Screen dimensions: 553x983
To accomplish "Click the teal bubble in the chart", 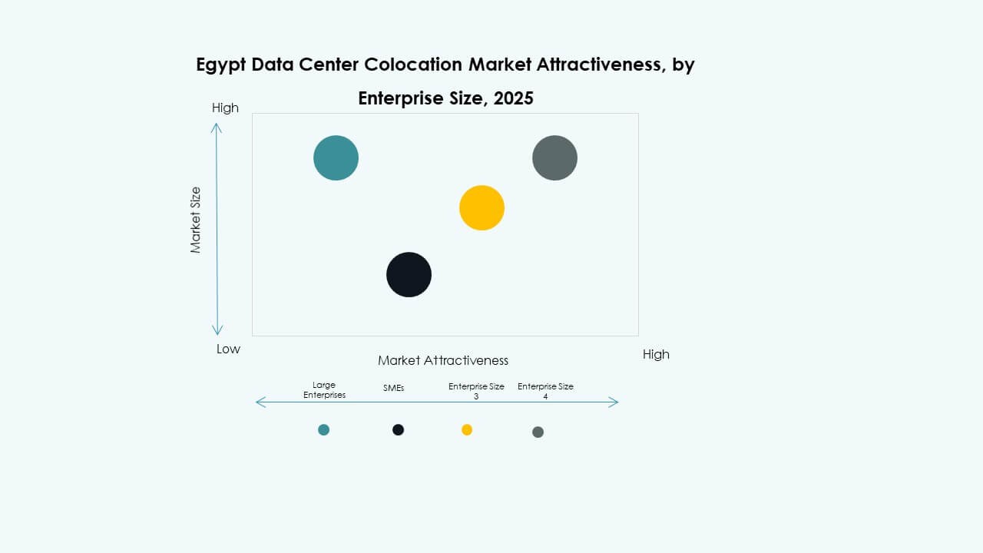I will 336,158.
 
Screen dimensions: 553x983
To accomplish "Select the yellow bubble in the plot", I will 482,207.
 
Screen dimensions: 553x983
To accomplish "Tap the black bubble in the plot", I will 409,274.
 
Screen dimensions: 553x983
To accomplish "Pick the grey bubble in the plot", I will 554,158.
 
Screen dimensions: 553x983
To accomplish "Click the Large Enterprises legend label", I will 324,390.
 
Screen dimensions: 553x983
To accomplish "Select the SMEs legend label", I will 393,389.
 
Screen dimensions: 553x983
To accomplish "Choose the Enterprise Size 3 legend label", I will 476,390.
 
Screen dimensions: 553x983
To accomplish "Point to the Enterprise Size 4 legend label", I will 545,390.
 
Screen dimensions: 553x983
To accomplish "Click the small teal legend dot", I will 323,429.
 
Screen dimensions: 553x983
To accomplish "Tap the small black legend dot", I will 398,429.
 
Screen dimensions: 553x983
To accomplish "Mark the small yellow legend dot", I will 467,429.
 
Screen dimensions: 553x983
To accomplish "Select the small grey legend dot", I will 538,432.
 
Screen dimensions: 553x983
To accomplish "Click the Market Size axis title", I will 196,220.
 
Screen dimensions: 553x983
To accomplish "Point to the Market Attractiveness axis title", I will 443,360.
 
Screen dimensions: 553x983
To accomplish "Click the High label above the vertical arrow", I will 225,108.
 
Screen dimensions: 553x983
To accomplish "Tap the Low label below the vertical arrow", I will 228,349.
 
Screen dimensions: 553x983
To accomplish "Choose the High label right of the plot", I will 656,354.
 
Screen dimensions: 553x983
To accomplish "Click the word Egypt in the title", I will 222,65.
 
